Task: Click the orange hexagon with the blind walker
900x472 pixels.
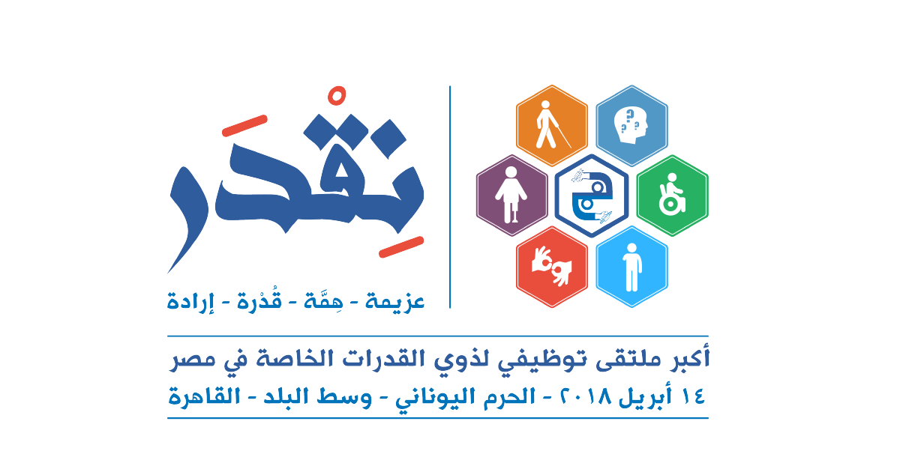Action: [552, 126]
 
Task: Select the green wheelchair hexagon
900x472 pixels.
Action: [672, 196]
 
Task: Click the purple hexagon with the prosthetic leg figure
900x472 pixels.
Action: [511, 196]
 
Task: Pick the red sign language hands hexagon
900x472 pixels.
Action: [552, 267]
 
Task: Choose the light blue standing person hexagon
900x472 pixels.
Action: [631, 267]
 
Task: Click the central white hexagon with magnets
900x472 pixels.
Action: [592, 196]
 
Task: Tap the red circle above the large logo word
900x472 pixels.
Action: [337, 96]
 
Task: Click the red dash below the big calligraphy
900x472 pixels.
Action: [401, 246]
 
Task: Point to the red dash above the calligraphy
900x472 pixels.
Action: [244, 126]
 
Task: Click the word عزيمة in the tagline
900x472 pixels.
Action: [394, 301]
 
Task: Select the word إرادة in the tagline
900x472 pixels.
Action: [190, 301]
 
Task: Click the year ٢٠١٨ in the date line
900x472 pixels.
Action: [586, 397]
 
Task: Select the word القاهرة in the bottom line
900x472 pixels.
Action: [204, 397]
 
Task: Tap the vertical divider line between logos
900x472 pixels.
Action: [450, 196]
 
